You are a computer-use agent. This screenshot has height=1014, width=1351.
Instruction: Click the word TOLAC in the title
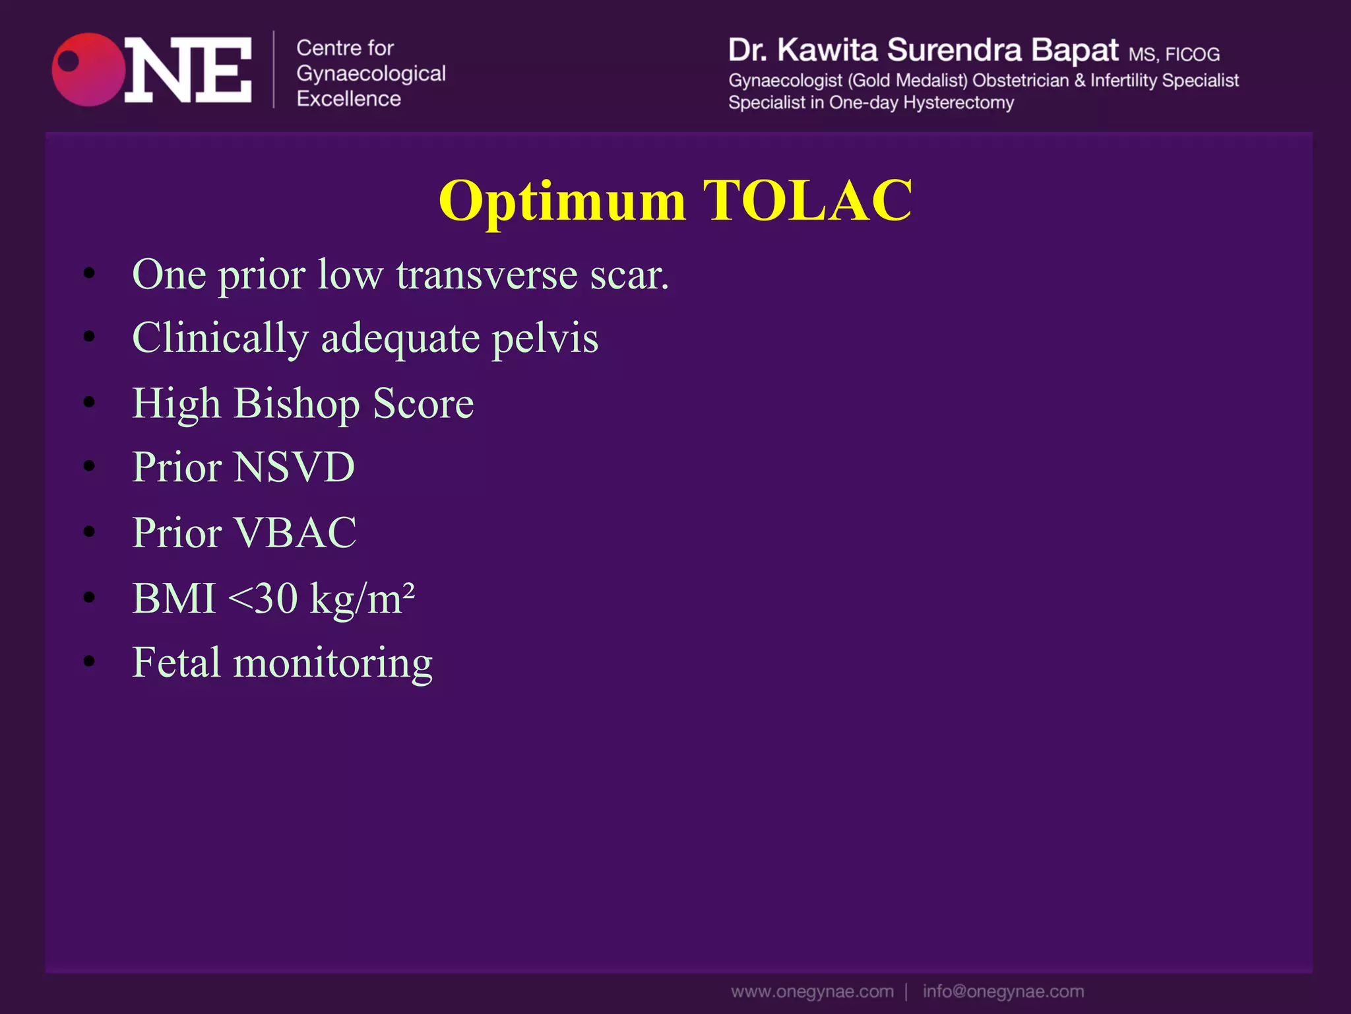807,200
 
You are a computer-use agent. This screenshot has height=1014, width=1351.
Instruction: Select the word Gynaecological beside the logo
371,74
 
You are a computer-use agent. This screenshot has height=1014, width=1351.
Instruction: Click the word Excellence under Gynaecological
348,99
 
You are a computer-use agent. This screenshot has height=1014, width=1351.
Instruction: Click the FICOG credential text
1192,54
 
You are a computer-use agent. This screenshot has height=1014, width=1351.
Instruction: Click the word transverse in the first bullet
487,275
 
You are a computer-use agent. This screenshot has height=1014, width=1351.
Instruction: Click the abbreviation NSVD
294,467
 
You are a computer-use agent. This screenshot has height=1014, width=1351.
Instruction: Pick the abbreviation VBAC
295,532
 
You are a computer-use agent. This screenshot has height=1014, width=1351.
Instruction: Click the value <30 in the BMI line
263,598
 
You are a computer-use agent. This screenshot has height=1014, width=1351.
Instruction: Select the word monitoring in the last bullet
332,663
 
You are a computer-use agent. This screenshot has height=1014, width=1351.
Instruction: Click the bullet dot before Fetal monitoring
90,661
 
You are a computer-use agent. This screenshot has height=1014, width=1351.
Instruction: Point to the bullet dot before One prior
90,273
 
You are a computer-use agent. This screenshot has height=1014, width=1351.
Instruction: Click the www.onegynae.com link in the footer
812,992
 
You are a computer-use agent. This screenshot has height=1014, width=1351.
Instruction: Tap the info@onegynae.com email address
1003,992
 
